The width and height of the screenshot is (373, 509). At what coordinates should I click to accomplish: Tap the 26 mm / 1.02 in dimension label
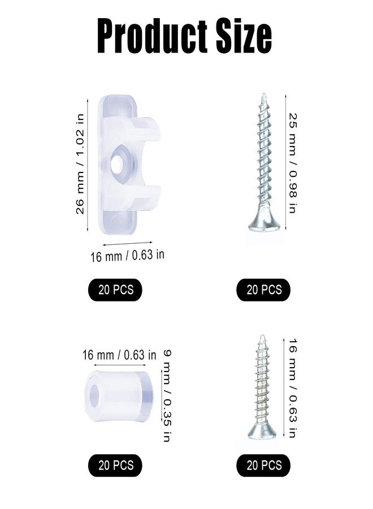pyautogui.click(x=80, y=164)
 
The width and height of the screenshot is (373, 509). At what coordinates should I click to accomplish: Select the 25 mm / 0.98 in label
pyautogui.click(x=293, y=163)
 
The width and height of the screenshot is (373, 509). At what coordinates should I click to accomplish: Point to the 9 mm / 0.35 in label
pyautogui.click(x=166, y=396)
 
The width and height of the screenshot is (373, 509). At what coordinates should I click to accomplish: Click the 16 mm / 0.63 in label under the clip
pyautogui.click(x=127, y=256)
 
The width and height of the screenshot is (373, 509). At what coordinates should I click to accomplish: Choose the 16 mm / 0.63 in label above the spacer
pyautogui.click(x=119, y=355)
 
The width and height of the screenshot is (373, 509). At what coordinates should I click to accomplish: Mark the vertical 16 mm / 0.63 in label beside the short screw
pyautogui.click(x=293, y=388)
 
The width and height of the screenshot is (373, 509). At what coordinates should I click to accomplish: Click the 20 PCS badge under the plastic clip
pyautogui.click(x=115, y=290)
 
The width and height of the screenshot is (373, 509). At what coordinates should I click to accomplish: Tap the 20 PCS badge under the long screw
pyautogui.click(x=263, y=290)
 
